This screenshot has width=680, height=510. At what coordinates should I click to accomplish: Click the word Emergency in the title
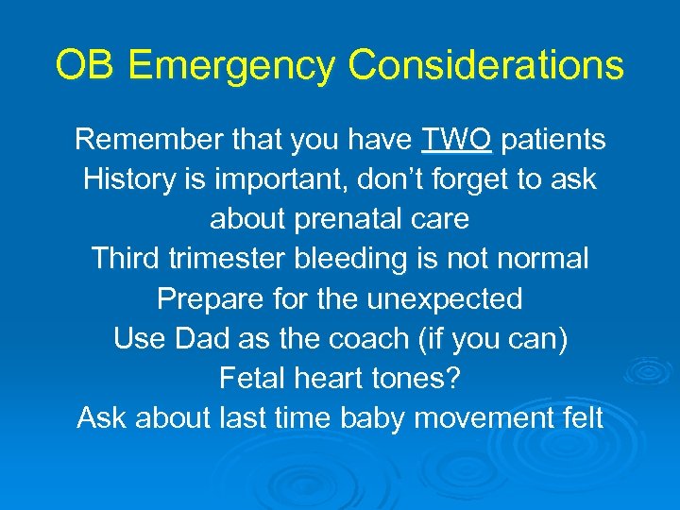(x=231, y=67)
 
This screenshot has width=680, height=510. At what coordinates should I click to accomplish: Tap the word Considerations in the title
(x=485, y=67)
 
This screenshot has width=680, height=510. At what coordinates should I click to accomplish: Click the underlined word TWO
(x=457, y=140)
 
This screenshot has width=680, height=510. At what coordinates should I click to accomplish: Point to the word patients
(x=552, y=140)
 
